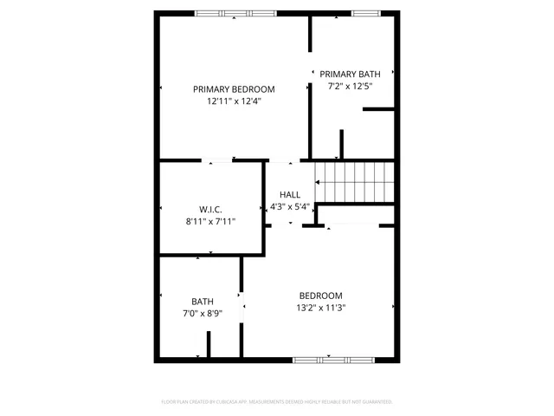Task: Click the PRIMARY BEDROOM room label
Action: pos(234,88)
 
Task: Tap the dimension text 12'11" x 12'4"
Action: pos(234,101)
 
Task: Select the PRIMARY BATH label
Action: pos(350,75)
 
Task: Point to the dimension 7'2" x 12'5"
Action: pos(350,86)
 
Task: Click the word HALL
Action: pos(290,195)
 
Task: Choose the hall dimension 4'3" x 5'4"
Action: pos(290,206)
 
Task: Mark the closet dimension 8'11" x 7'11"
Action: pos(210,221)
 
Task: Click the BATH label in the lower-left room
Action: pos(203,302)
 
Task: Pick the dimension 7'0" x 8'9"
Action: pos(203,313)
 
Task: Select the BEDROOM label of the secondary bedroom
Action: pos(321,295)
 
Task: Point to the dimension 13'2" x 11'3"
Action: pos(321,307)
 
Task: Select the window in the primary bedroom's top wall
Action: pos(235,13)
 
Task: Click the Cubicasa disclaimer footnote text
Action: pos(277,402)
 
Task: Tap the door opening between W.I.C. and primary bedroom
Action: pos(218,160)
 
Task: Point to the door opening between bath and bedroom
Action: pos(242,304)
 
